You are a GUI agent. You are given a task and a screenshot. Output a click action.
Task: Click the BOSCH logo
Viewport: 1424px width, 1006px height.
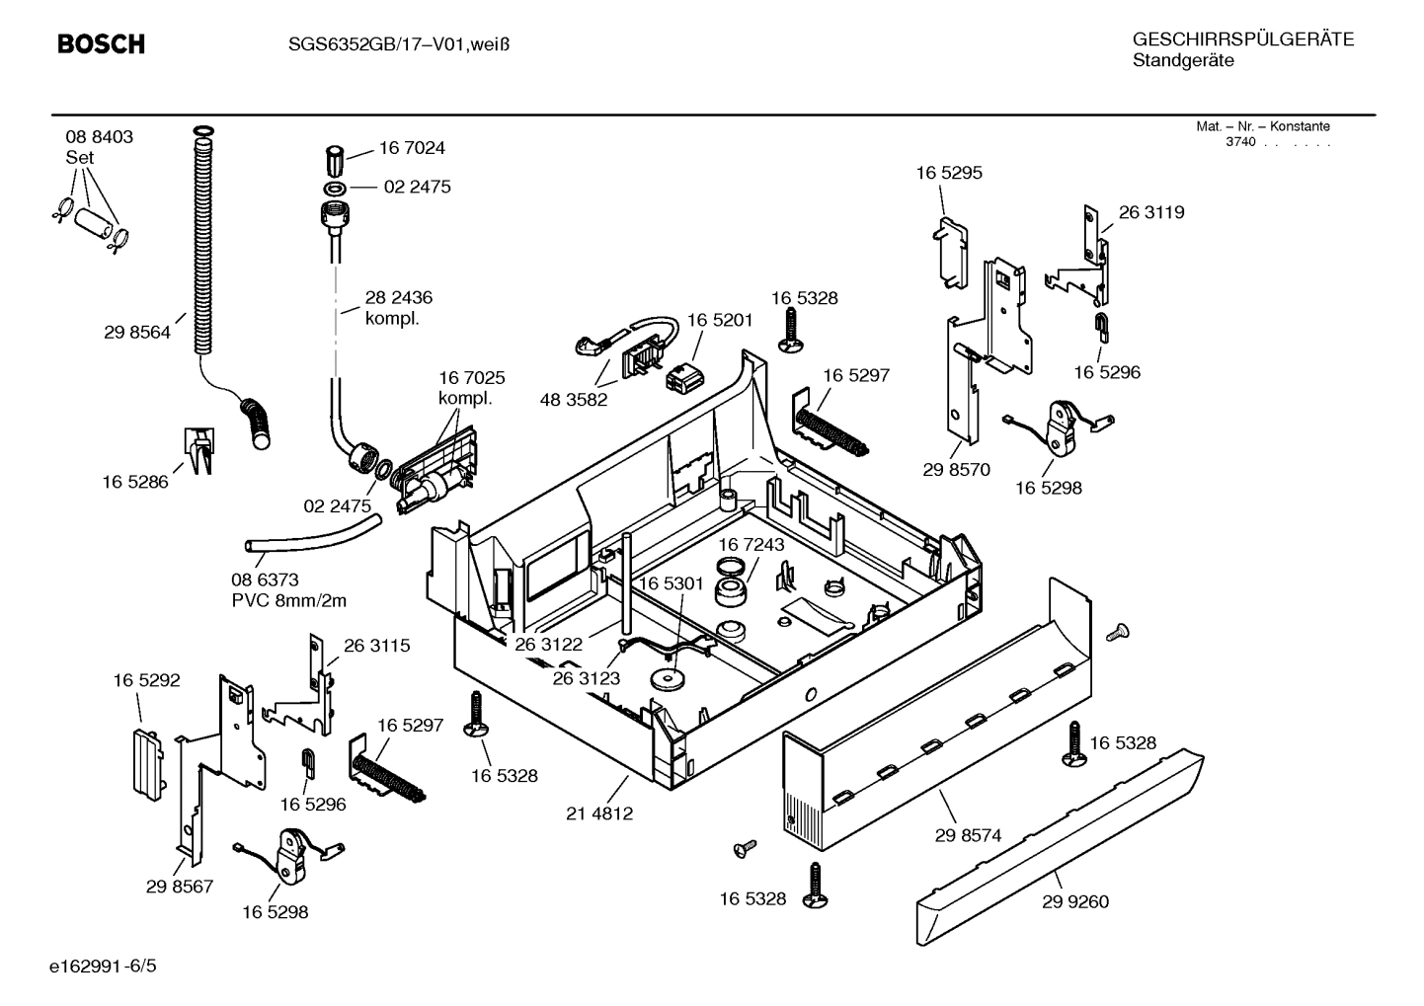pyautogui.click(x=101, y=44)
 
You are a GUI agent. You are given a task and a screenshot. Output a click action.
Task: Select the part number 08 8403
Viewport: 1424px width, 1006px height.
pyautogui.click(x=99, y=137)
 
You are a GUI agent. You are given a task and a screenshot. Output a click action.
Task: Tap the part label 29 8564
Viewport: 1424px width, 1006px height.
pyautogui.click(x=136, y=333)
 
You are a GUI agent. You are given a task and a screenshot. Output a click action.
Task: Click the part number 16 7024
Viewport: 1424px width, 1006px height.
pyautogui.click(x=412, y=148)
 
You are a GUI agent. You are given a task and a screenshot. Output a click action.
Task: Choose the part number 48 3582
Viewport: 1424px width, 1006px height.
pyautogui.click(x=574, y=400)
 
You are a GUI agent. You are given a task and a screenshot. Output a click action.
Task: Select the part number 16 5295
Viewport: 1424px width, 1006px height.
pyautogui.click(x=949, y=173)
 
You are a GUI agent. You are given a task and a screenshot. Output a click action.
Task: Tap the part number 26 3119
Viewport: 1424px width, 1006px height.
pyautogui.click(x=1150, y=212)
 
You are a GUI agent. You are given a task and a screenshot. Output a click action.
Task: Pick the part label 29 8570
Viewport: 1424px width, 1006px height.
pyautogui.click(x=956, y=470)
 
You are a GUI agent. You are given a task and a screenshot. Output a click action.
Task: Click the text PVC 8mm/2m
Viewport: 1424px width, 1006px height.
pyautogui.click(x=288, y=600)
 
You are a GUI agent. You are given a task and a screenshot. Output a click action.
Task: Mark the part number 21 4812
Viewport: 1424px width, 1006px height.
pyautogui.click(x=599, y=813)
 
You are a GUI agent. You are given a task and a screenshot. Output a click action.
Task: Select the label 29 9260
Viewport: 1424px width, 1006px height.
pyautogui.click(x=1074, y=901)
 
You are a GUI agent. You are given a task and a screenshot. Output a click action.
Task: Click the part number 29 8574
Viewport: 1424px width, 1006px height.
pyautogui.click(x=968, y=835)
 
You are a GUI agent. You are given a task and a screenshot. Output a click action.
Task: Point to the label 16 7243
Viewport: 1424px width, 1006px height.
pyautogui.click(x=751, y=545)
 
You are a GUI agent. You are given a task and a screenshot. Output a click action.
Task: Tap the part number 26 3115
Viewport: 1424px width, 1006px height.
pyautogui.click(x=376, y=646)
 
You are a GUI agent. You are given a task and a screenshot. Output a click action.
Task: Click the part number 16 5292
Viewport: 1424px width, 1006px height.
pyautogui.click(x=146, y=680)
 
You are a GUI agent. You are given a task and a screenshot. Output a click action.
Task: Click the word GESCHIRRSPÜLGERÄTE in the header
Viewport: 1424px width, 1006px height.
pyautogui.click(x=1242, y=40)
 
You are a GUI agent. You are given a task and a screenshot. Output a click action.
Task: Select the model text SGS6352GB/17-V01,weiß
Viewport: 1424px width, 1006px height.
pyautogui.click(x=385, y=44)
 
